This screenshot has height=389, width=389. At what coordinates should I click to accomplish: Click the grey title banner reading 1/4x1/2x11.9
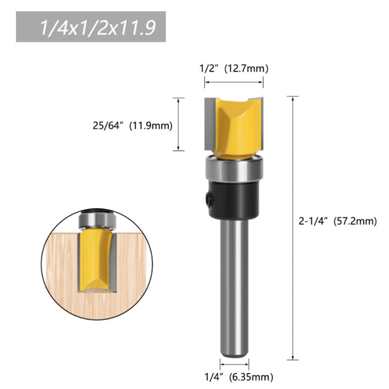(91, 27)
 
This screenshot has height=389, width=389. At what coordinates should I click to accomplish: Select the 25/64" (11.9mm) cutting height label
(132, 125)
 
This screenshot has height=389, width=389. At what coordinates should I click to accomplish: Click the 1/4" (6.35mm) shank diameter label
(239, 376)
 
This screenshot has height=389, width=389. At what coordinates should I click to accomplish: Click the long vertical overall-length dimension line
(292, 229)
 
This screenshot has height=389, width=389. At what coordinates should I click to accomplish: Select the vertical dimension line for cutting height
(179, 124)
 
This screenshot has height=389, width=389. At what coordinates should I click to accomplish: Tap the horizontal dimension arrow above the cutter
(234, 83)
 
